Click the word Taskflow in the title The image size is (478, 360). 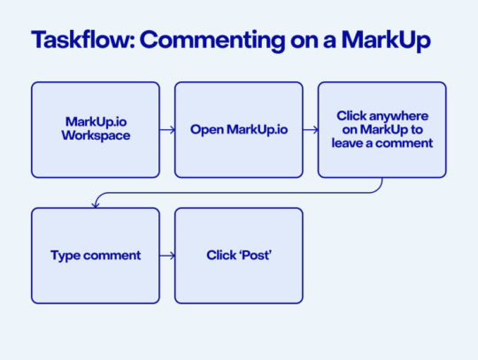tap(80, 42)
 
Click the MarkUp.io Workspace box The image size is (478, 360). tap(96, 130)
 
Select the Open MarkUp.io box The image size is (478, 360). tap(239, 130)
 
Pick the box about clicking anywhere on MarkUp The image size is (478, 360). tap(382, 130)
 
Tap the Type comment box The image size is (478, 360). tap(96, 256)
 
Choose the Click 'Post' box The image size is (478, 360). tap(239, 256)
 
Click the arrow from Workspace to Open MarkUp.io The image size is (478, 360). tap(167, 130)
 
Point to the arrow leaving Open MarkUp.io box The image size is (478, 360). tap(311, 130)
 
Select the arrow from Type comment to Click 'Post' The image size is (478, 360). tap(167, 256)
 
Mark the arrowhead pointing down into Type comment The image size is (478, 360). tap(96, 204)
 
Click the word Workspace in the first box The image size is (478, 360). tap(96, 138)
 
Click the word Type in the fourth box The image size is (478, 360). tap(66, 256)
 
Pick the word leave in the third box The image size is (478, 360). tap(348, 143)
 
